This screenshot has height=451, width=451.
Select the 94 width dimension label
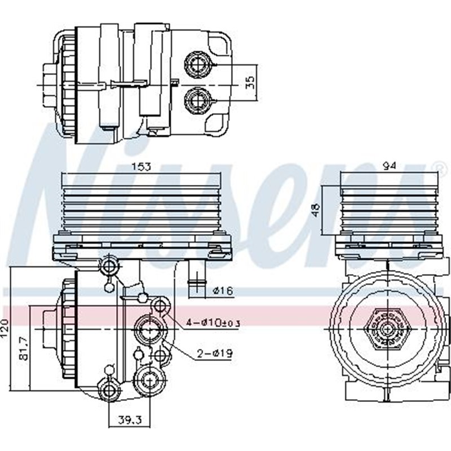388,166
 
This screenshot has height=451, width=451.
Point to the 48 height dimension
317,210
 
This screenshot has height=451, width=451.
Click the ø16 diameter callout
223,291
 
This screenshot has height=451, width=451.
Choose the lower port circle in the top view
197,101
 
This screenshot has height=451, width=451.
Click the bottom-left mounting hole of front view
109,389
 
